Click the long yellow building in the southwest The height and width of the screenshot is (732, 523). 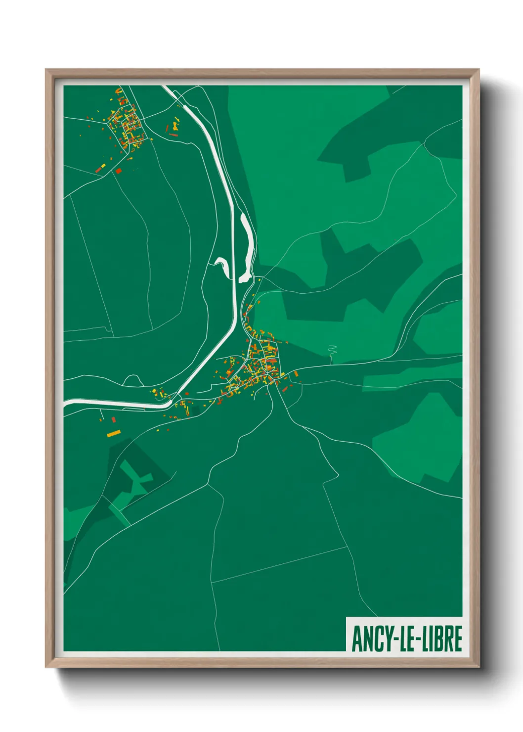click(114, 434)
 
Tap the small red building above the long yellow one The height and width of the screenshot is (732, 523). click(114, 420)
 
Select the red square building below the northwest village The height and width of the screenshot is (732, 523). click(118, 171)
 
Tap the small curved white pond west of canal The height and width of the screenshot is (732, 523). click(221, 264)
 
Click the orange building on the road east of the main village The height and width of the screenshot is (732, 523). click(296, 374)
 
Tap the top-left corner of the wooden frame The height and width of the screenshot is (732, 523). click(46, 70)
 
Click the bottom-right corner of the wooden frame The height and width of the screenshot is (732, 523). click(479, 667)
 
